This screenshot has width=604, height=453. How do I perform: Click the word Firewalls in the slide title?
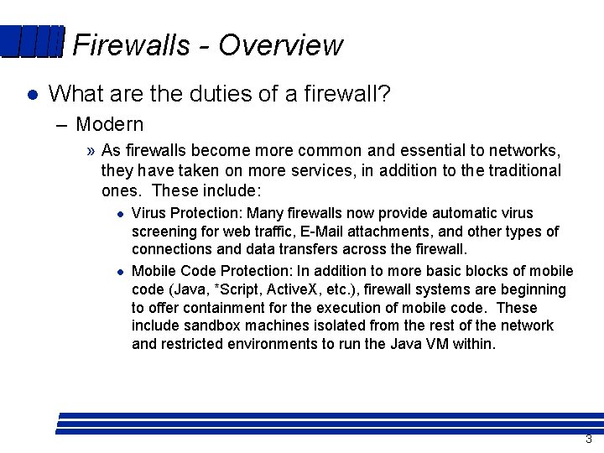coord(132,44)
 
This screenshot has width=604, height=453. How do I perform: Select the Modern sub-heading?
coord(109,124)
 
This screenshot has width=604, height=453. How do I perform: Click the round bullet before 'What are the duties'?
coord(31,95)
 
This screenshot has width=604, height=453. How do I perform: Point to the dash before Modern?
coord(62,125)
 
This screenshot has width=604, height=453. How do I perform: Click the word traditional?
coord(520,170)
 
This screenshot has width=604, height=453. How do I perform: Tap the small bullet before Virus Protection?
coord(121,214)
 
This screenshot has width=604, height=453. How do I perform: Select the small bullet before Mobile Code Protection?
coord(121,271)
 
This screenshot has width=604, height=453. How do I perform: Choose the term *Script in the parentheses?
coord(240,289)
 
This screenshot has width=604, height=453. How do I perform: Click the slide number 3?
coord(588,440)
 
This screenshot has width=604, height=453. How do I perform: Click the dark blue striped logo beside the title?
coord(32,42)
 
